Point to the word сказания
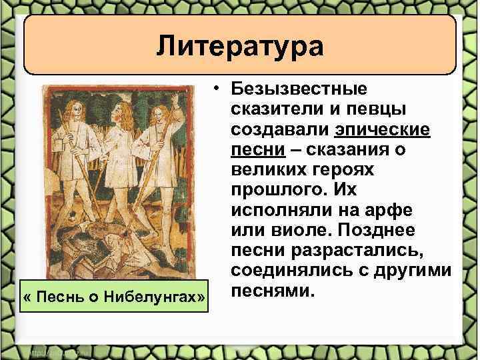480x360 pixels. tap(358, 151)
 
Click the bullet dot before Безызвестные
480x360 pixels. tap(217, 89)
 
